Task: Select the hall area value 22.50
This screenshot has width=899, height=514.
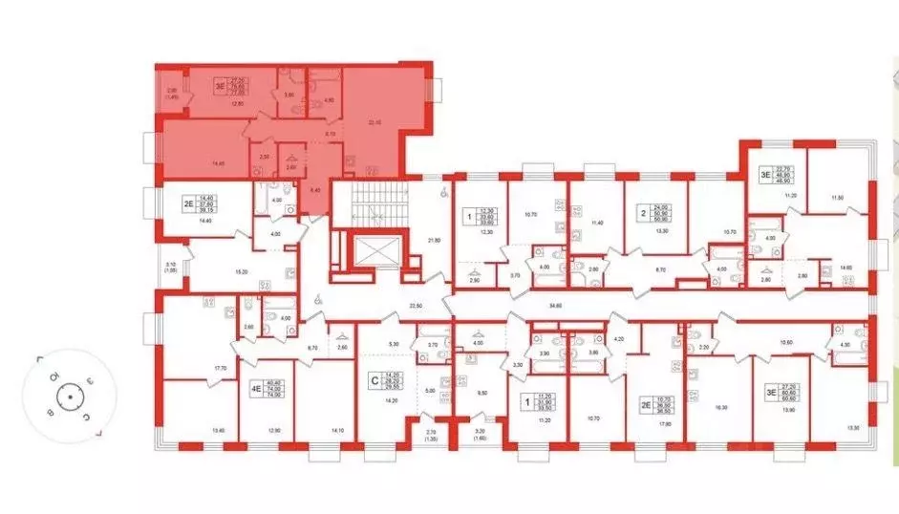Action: [414, 306]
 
